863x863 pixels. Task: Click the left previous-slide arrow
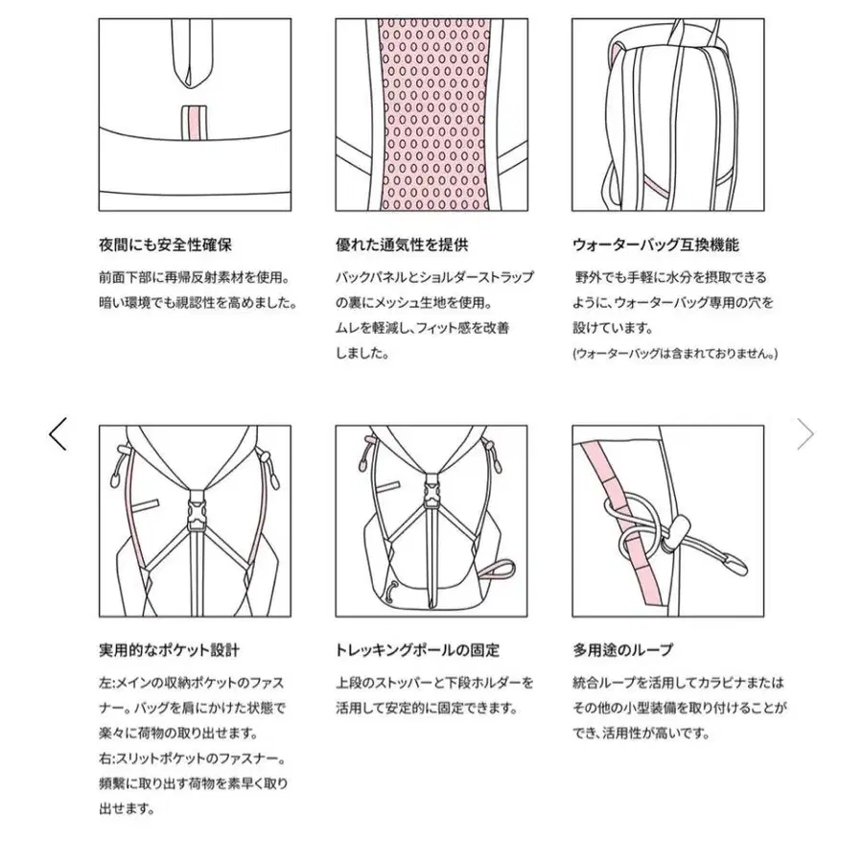pyautogui.click(x=58, y=433)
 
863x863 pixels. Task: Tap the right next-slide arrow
pyautogui.click(x=805, y=433)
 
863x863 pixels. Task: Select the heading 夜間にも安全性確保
pyautogui.click(x=157, y=245)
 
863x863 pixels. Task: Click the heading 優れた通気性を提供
pyautogui.click(x=402, y=245)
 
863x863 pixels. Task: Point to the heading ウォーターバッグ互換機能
pyautogui.click(x=656, y=245)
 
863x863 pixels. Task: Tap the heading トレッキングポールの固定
pyautogui.click(x=417, y=650)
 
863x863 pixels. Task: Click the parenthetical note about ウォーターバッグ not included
pyautogui.click(x=675, y=353)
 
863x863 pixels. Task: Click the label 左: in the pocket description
pyautogui.click(x=107, y=683)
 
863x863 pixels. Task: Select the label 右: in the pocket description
pyautogui.click(x=107, y=758)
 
